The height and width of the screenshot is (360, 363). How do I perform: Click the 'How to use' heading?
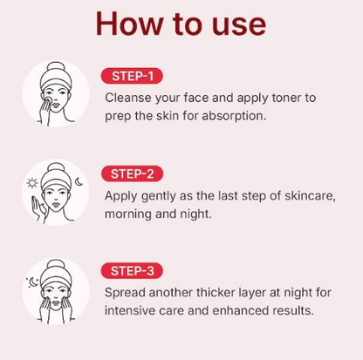[x=181, y=24]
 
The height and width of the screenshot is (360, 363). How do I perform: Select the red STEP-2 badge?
[x=132, y=173]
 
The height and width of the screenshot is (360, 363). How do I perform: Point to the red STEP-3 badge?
[x=132, y=270]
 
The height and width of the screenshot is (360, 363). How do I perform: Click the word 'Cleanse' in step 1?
[x=129, y=98]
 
